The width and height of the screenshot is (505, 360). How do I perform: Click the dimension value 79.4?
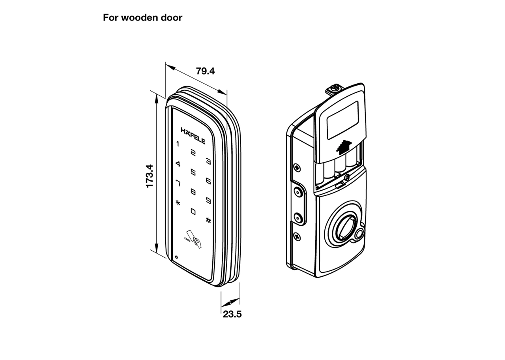(205, 71)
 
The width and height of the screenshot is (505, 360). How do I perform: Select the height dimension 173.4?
(150, 176)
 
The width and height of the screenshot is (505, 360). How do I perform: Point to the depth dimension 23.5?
(232, 314)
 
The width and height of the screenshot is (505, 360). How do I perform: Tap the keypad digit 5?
(193, 172)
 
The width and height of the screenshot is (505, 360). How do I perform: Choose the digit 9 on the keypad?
(208, 201)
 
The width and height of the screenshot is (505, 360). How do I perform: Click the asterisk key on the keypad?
(178, 203)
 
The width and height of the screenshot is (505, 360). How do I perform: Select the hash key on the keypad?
(208, 220)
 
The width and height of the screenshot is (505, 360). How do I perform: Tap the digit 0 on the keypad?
(193, 211)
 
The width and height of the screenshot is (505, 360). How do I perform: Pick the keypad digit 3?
(208, 161)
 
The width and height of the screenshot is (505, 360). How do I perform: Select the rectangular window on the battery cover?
(343, 117)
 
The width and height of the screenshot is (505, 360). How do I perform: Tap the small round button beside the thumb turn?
(359, 234)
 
